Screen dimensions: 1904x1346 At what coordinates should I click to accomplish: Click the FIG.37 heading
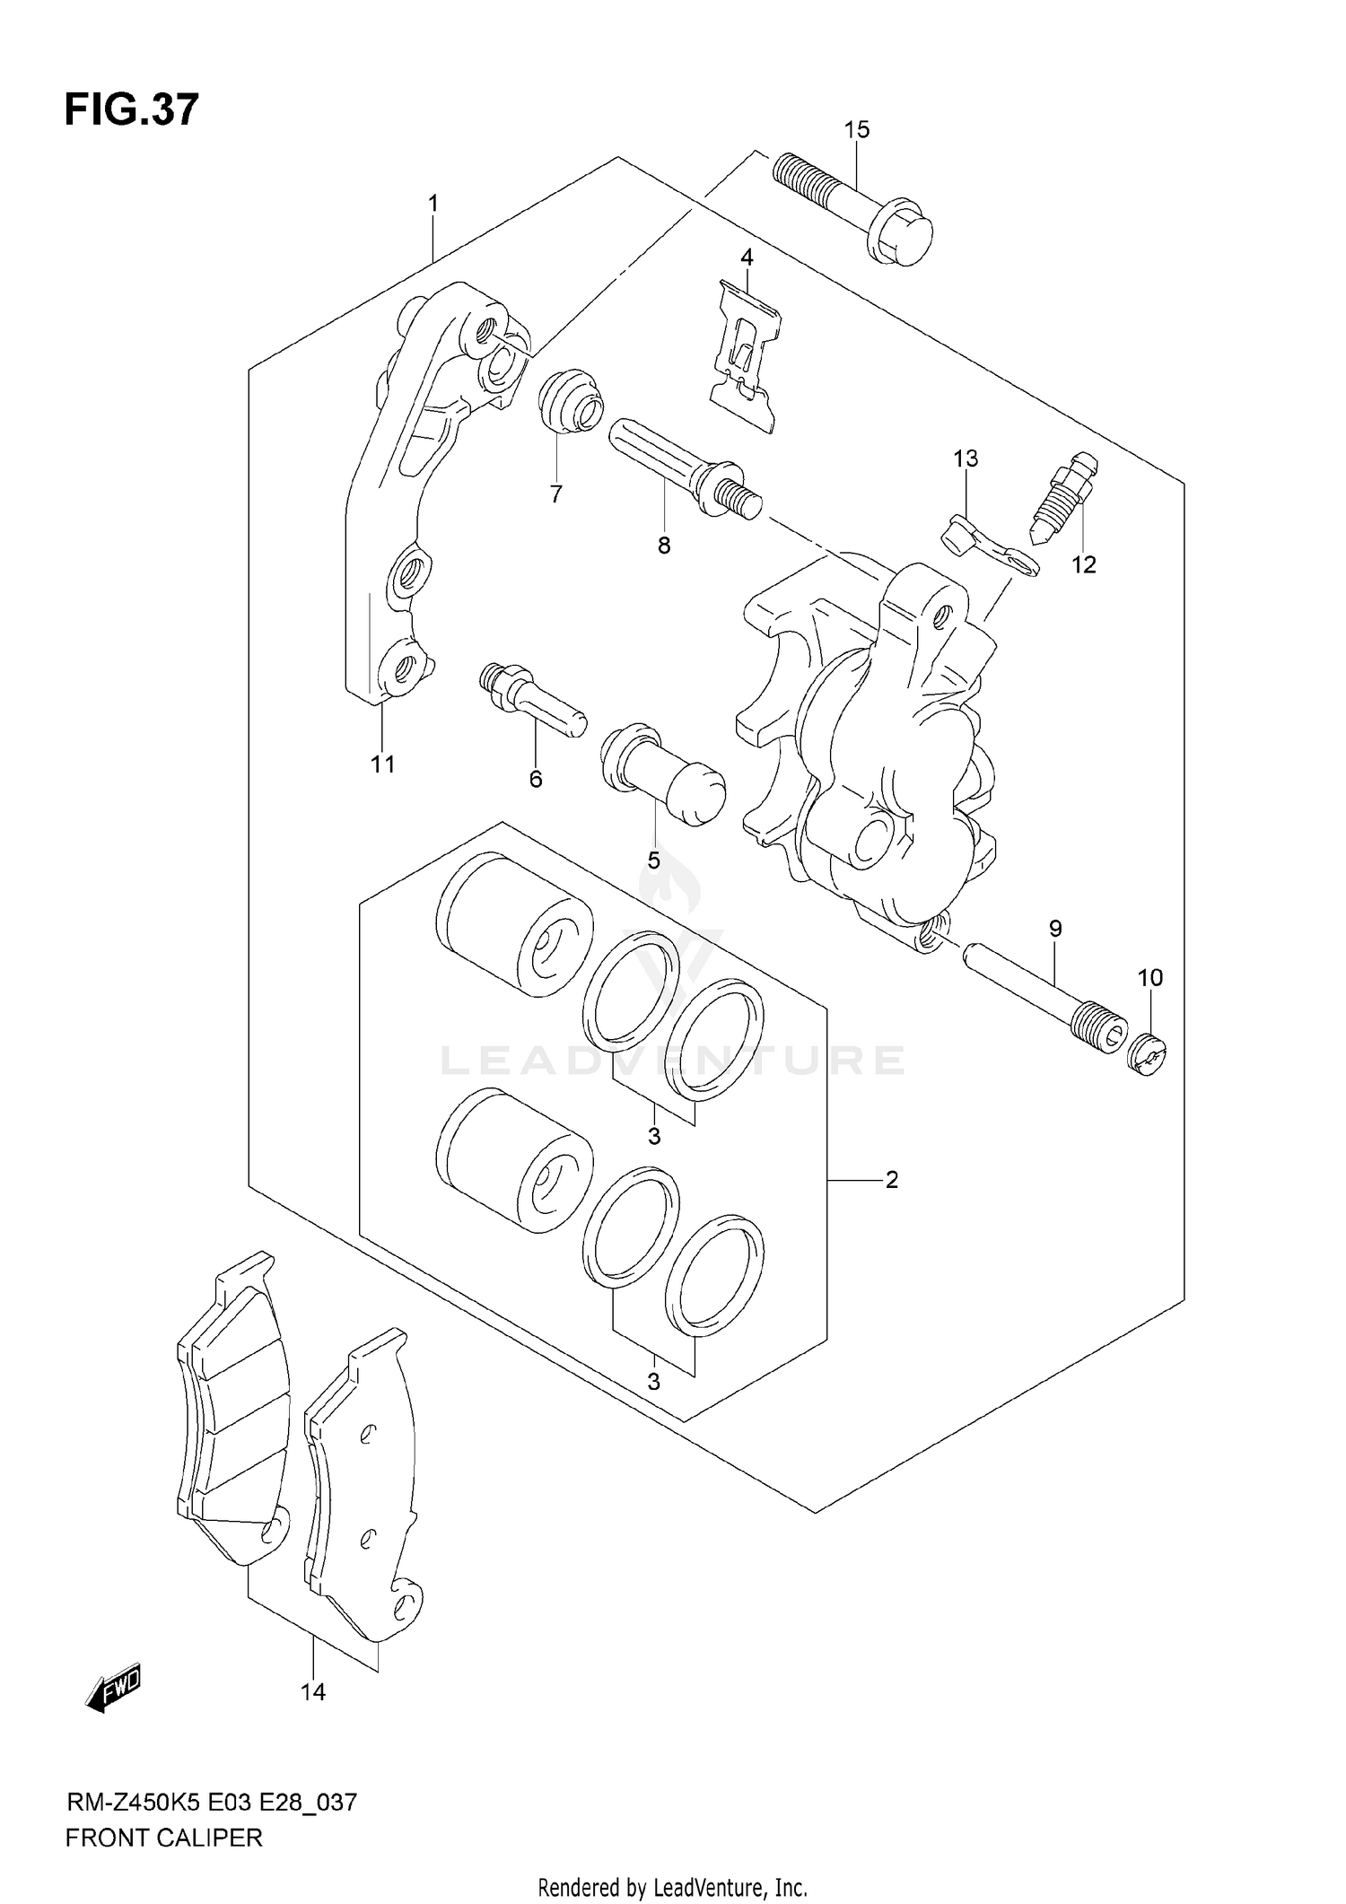click(x=131, y=109)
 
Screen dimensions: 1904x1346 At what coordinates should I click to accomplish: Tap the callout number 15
click(x=856, y=130)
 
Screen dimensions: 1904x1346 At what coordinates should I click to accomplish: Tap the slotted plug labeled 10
click(x=1147, y=1053)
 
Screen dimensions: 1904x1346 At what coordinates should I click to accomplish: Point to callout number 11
click(x=383, y=764)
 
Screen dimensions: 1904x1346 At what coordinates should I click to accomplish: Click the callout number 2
click(x=891, y=1179)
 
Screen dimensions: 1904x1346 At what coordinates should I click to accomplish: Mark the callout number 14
click(x=313, y=1691)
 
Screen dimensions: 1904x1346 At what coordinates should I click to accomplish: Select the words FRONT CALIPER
click(x=164, y=1838)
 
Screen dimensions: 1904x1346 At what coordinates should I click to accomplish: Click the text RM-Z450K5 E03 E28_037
click(x=212, y=1802)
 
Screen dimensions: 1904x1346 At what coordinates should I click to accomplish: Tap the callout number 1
click(x=433, y=204)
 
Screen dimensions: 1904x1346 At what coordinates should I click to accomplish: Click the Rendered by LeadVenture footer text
click(x=672, y=1888)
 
